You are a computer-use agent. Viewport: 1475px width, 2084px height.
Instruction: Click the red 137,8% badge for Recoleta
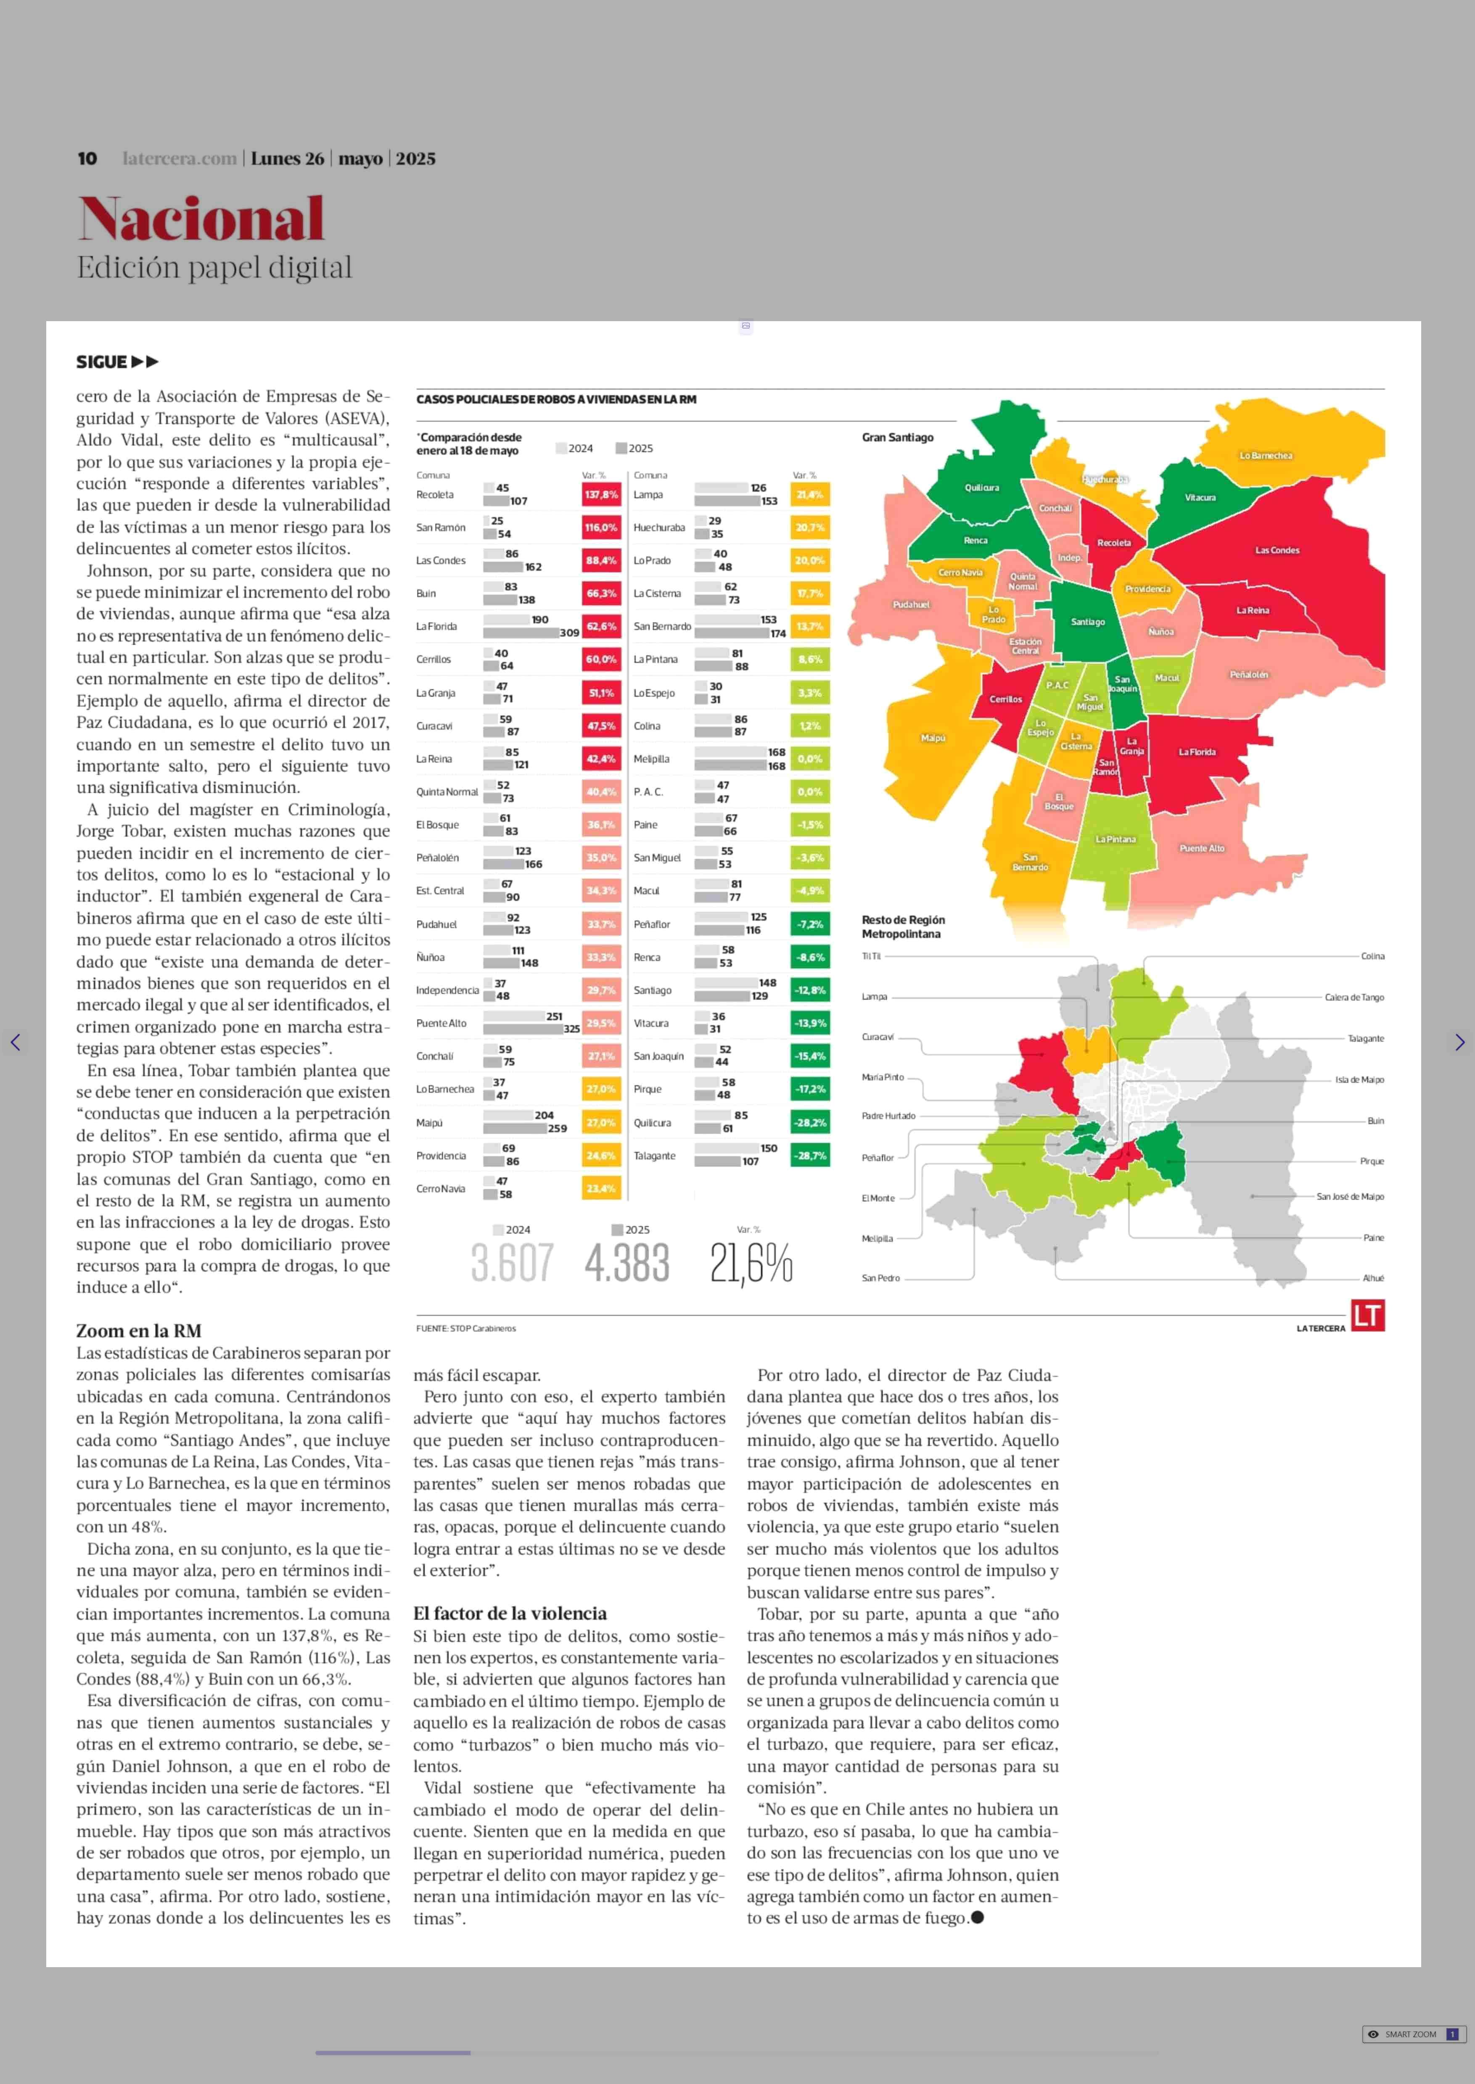point(600,495)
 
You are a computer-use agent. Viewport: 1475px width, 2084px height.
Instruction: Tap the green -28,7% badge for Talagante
point(809,1156)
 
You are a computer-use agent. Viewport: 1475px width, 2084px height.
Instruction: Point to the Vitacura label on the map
point(1200,498)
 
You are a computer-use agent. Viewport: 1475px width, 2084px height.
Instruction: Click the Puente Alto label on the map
point(1202,848)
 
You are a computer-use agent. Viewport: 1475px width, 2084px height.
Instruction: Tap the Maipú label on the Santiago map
point(933,738)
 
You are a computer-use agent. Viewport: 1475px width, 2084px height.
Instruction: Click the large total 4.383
point(626,1263)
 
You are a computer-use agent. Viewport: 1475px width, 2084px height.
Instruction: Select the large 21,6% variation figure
point(751,1263)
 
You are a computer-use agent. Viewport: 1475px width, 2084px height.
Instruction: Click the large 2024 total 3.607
point(511,1263)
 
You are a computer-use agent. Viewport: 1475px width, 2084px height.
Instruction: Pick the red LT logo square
point(1367,1316)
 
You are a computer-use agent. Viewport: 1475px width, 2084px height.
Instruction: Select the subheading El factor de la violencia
point(510,1614)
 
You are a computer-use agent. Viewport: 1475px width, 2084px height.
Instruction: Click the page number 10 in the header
point(87,159)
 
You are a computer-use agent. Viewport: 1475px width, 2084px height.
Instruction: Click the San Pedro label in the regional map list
point(880,1279)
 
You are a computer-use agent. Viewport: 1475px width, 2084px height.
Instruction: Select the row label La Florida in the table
point(436,627)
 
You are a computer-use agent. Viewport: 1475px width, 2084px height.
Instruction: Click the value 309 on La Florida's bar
point(569,633)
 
